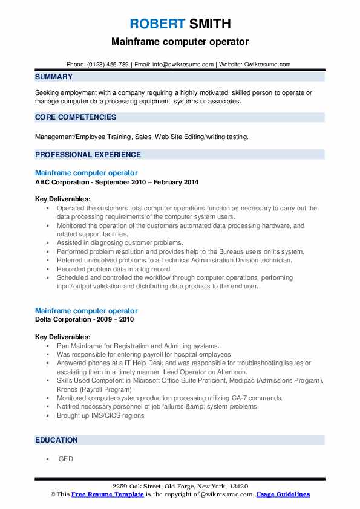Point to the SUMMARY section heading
tap(54, 77)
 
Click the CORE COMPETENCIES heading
tap(76, 117)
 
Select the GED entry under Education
tap(65, 459)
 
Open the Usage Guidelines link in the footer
tap(283, 494)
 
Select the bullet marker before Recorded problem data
tap(47, 270)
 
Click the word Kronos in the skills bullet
tap(69, 389)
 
